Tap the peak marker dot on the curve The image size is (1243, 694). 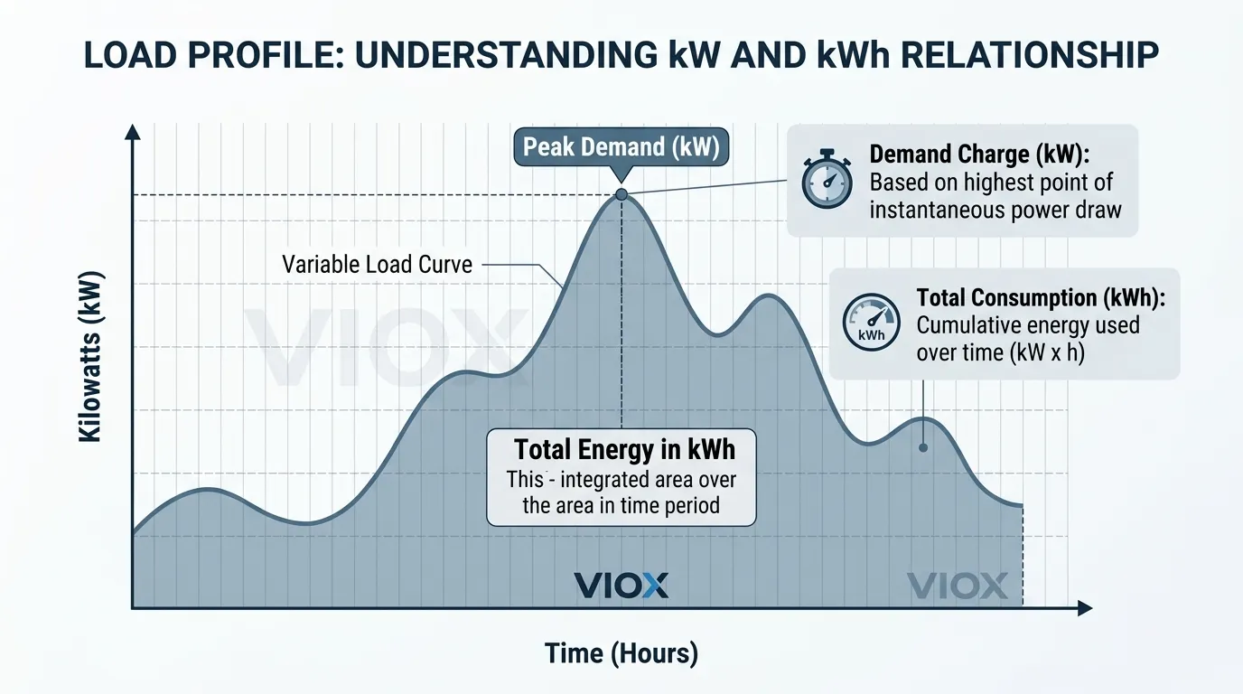621,194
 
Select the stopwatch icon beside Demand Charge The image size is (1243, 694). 827,181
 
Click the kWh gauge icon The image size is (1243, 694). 871,323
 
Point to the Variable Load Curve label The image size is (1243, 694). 377,265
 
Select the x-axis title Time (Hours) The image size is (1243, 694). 621,653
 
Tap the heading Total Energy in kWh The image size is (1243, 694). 624,449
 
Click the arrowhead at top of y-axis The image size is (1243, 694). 133,132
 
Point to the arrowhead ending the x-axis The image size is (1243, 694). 1084,610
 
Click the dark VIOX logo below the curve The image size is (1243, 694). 621,585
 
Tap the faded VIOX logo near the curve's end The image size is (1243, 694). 957,586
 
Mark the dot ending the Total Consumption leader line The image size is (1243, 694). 923,446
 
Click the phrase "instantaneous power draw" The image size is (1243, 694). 995,211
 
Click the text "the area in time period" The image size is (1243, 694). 621,504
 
